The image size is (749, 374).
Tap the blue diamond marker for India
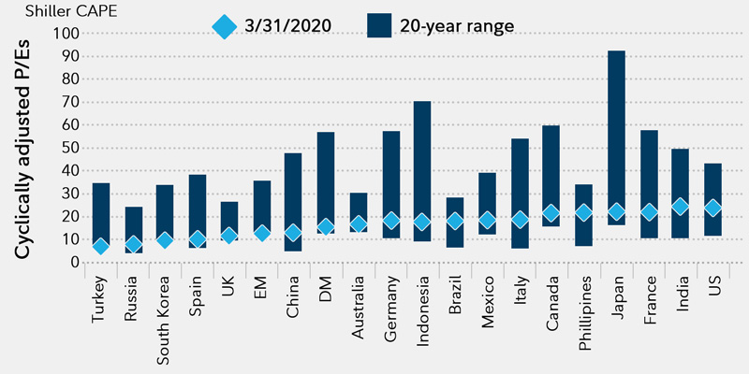[681, 207]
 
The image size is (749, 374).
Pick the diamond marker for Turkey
[101, 246]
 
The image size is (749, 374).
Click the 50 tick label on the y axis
[71, 148]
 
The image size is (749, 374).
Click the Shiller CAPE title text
[55, 11]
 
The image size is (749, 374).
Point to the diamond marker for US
[712, 208]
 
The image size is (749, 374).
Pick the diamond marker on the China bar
[294, 233]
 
